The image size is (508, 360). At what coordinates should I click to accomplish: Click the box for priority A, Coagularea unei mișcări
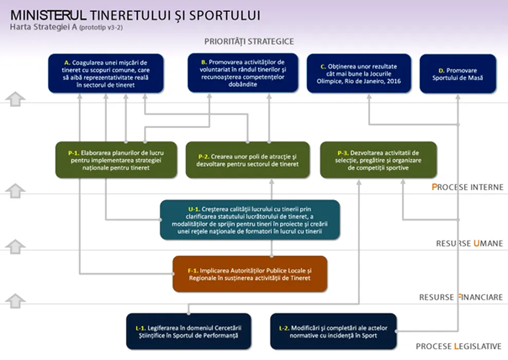[106, 74]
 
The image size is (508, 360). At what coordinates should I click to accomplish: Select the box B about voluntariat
[243, 73]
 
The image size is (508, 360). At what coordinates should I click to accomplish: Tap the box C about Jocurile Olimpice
[359, 74]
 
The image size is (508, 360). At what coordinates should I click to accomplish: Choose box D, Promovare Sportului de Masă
[458, 74]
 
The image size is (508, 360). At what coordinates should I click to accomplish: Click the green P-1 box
[116, 160]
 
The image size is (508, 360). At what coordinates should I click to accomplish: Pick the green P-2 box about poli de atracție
[247, 160]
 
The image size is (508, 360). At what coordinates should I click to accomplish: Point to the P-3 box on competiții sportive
[378, 160]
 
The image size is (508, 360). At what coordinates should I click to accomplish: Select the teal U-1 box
[250, 220]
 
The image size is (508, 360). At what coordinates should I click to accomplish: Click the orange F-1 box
[250, 274]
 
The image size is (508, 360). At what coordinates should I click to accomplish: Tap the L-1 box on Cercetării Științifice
[189, 332]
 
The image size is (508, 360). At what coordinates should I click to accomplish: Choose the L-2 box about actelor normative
[333, 332]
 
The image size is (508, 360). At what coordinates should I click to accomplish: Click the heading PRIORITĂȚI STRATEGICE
[249, 42]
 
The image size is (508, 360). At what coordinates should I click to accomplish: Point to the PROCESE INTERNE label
[467, 187]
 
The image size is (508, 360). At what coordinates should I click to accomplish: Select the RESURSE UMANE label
[469, 243]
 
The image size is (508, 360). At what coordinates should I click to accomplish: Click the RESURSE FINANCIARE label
[461, 297]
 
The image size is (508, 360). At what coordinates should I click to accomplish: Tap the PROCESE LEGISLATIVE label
[459, 347]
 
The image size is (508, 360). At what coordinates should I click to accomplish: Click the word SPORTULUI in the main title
[225, 15]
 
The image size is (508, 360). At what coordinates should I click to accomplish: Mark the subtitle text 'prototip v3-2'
[101, 28]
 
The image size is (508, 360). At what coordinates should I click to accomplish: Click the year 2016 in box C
[394, 81]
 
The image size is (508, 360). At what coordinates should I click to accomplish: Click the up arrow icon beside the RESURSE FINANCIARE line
[15, 301]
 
